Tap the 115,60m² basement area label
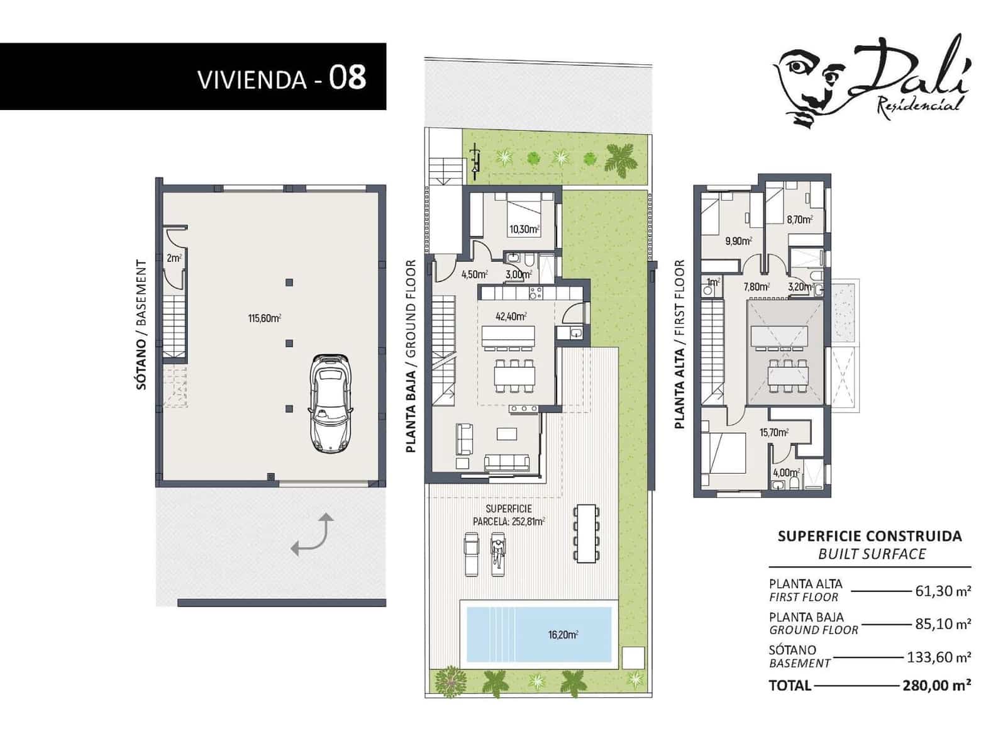(x=264, y=318)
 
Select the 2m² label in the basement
(x=174, y=258)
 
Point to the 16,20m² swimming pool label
(x=563, y=635)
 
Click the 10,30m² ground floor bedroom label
(x=524, y=230)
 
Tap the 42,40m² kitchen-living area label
(x=511, y=316)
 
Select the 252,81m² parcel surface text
(x=509, y=521)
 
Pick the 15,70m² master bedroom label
(x=773, y=432)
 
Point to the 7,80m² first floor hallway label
(x=757, y=287)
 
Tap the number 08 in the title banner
(x=348, y=77)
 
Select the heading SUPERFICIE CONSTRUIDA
(x=870, y=536)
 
